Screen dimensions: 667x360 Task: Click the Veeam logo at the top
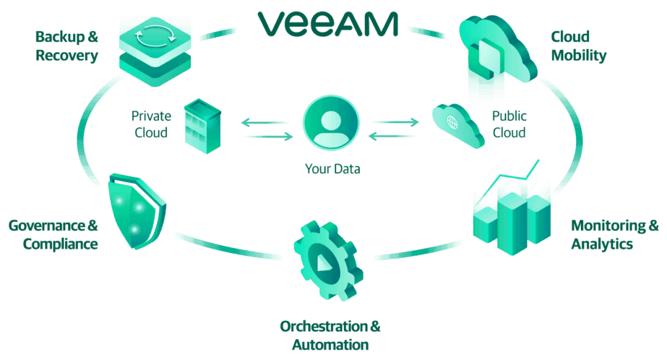coord(328,24)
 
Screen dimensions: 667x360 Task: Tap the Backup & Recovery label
coord(67,46)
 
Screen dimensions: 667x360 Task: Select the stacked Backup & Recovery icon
coord(155,51)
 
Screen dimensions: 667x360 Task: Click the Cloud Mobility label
coord(578,46)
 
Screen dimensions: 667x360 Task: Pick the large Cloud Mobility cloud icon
coord(497,50)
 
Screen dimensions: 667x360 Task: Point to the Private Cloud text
coord(151,124)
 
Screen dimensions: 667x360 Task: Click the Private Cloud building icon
coord(203,126)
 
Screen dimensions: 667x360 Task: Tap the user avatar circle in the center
coord(331,123)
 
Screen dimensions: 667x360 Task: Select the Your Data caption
coord(332,169)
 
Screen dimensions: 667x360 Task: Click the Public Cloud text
coord(509,124)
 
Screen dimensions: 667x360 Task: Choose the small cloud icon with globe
coord(458,126)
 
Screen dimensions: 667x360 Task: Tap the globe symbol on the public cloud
coord(452,122)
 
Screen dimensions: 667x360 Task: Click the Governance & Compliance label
coord(53,234)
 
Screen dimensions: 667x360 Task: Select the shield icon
coord(137,211)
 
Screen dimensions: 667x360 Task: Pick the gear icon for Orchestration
coord(328,261)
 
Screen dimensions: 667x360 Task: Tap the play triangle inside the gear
coord(323,263)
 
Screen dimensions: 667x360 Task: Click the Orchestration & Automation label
coord(330,335)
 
